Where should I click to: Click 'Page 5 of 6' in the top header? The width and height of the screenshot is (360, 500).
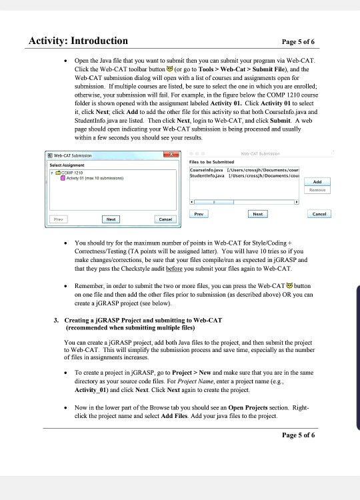293,41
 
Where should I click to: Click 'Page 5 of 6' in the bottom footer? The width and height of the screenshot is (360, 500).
293,435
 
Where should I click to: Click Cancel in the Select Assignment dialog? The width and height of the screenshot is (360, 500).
164,218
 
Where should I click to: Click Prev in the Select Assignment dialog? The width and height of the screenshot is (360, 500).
61,218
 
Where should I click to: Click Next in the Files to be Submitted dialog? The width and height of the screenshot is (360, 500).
257,214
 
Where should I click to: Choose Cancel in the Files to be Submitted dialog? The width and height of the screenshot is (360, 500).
319,214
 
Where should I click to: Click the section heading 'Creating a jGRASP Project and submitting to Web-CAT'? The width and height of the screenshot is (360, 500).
143,320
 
